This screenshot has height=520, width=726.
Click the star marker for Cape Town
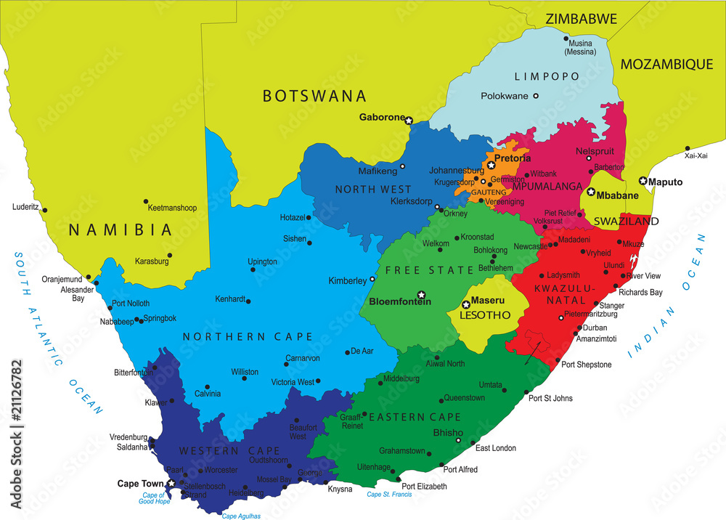pyautogui.click(x=171, y=483)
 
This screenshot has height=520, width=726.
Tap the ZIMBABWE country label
pyautogui.click(x=582, y=19)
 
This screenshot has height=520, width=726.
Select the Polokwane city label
pyautogui.click(x=505, y=96)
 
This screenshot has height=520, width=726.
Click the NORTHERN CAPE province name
pyautogui.click(x=248, y=336)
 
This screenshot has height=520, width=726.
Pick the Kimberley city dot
pyautogui.click(x=373, y=279)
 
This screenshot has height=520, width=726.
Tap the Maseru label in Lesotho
pyautogui.click(x=488, y=300)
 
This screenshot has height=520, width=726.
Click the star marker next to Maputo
pyautogui.click(x=643, y=181)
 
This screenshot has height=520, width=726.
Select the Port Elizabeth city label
pyautogui.click(x=425, y=487)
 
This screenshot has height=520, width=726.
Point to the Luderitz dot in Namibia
pyautogui.click(x=45, y=210)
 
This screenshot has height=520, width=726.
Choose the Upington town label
pyautogui.click(x=262, y=261)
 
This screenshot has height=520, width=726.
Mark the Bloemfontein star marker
pyautogui.click(x=420, y=294)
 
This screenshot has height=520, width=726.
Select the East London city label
pyautogui.click(x=496, y=448)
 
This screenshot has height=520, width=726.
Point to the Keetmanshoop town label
pyautogui.click(x=172, y=208)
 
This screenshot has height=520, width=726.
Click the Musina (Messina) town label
pyautogui.click(x=580, y=47)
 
